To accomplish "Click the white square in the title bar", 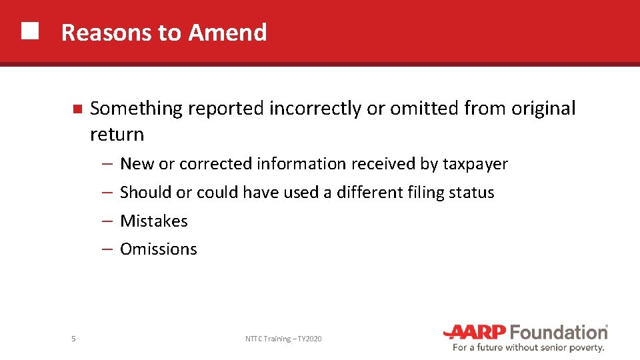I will pos(29,31).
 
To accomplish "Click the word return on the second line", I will pos(117,135).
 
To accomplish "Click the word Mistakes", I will pos(154,221).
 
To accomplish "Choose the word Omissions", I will pos(159,249).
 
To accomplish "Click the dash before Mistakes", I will pos(107,221).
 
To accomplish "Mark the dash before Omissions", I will pos(107,249).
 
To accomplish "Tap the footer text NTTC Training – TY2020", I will pos(283,339).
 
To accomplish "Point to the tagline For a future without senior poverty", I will pos(529,348).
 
